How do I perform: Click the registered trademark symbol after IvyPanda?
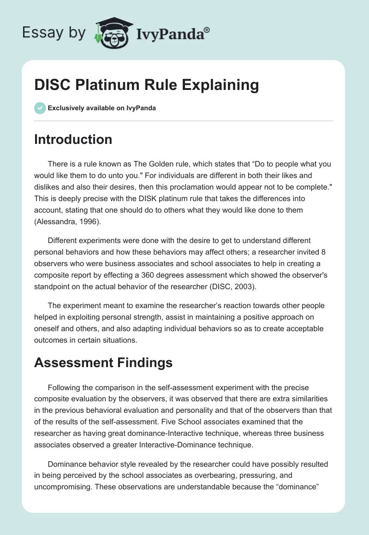pos(207,30)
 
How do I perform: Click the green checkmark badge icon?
pos(40,108)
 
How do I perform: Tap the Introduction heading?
pos(73,139)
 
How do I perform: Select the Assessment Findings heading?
pos(103,363)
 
